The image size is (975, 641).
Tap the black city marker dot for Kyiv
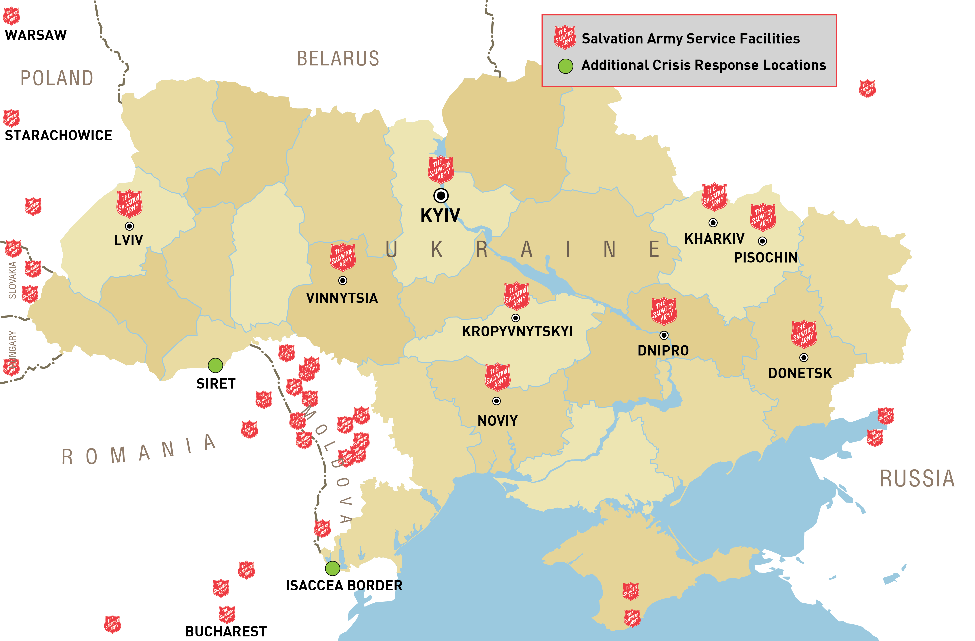441,195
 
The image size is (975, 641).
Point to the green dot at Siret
215,365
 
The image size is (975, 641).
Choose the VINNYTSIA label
342,298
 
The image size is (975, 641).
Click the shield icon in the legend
565,37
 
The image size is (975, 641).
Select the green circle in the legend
565,66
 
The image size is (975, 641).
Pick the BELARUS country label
338,59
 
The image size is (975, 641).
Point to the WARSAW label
36,35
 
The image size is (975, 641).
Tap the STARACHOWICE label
58,135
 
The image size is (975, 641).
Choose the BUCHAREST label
226,631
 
